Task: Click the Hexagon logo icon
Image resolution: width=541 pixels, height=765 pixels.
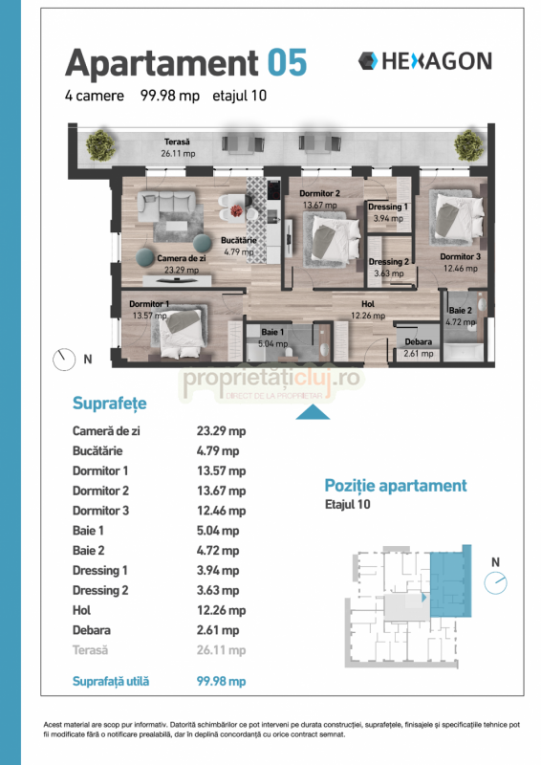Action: click(x=368, y=61)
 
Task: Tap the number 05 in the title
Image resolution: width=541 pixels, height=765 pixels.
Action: click(x=287, y=63)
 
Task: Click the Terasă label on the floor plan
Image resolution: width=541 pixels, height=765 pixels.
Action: click(x=177, y=142)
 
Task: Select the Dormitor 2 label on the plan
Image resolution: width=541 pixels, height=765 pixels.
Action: click(x=319, y=193)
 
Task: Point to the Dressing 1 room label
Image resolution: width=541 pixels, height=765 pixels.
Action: click(x=388, y=207)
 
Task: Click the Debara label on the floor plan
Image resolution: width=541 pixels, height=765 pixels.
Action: click(x=418, y=342)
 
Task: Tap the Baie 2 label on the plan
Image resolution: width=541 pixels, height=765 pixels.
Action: click(x=460, y=310)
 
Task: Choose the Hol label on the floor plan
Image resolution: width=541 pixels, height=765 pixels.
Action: click(x=368, y=304)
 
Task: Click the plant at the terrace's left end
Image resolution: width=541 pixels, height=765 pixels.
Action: click(x=100, y=145)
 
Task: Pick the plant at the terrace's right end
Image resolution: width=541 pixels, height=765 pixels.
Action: click(x=468, y=145)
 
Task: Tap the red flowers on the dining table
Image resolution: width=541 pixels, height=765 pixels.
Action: click(x=236, y=210)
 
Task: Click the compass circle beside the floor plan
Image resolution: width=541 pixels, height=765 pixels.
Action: click(x=64, y=361)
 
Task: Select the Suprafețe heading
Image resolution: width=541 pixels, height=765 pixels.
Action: click(x=109, y=403)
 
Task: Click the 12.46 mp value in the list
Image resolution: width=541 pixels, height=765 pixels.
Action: click(x=221, y=511)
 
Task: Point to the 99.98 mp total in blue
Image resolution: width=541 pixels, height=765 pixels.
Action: click(x=221, y=681)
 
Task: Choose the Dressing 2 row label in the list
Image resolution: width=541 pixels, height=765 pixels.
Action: click(x=100, y=590)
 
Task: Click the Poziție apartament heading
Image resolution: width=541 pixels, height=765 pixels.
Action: click(x=396, y=486)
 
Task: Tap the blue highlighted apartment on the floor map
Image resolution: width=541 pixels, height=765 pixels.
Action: click(x=451, y=583)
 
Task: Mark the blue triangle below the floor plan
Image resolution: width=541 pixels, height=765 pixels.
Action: click(x=313, y=413)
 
